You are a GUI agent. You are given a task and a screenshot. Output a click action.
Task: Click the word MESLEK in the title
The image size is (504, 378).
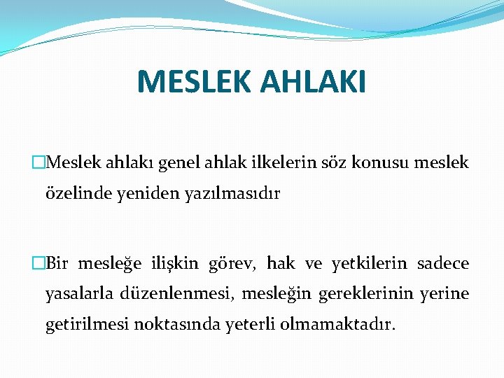click(x=192, y=81)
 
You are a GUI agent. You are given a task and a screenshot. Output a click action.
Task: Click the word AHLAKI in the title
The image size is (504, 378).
click(x=312, y=81)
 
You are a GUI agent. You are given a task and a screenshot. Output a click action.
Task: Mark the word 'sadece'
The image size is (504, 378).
click(x=443, y=263)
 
